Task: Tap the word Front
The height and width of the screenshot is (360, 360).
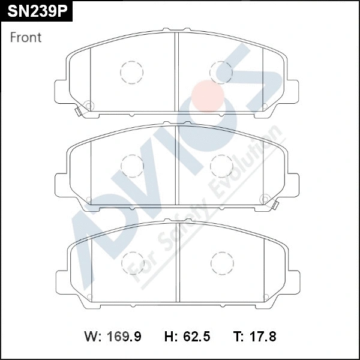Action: pyautogui.click(x=26, y=37)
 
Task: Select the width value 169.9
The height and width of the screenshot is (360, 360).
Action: pyautogui.click(x=124, y=337)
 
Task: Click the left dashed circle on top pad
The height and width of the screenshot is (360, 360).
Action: pyautogui.click(x=131, y=73)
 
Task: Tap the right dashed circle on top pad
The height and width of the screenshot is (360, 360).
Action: pyautogui.click(x=221, y=73)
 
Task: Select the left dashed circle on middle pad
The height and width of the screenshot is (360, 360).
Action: pyautogui.click(x=132, y=165)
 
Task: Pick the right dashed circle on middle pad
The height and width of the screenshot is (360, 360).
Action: pyautogui.click(x=221, y=165)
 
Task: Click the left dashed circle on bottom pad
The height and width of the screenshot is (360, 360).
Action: pyautogui.click(x=133, y=262)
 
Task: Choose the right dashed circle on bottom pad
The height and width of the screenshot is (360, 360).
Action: pyautogui.click(x=221, y=262)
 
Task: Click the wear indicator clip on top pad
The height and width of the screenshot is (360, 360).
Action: pyautogui.click(x=79, y=110)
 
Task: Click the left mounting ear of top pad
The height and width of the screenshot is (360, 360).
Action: pyautogui.click(x=61, y=92)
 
